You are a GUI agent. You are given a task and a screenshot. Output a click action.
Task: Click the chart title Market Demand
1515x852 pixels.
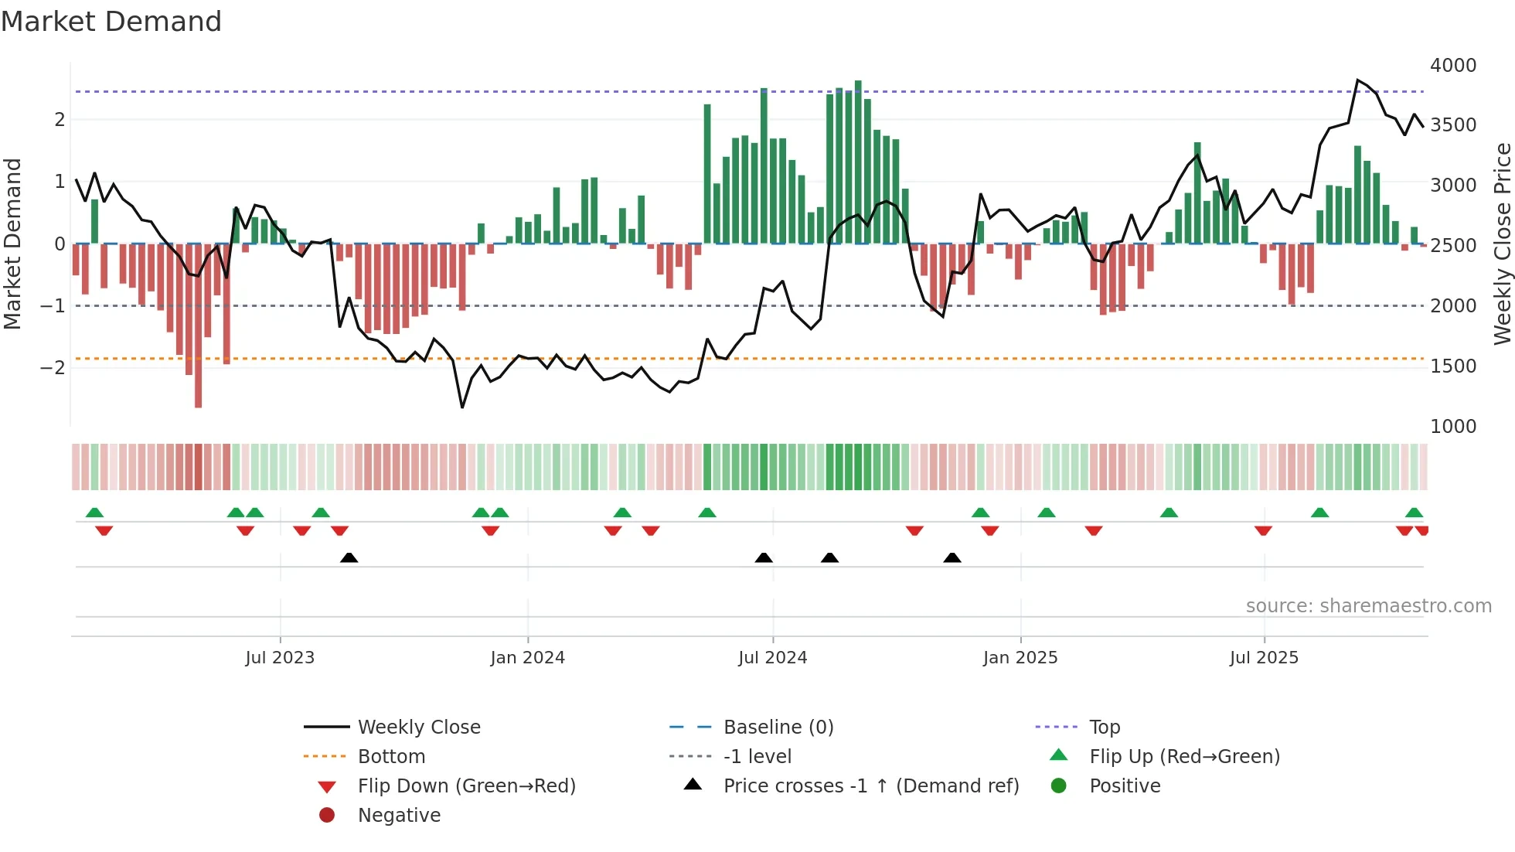coord(111,22)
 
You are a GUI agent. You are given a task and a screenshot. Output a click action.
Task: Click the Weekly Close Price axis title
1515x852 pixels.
coord(1502,244)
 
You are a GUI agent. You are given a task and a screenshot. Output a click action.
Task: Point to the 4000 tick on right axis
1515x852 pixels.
coord(1452,66)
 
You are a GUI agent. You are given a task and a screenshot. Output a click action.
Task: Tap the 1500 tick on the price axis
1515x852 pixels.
coord(1452,366)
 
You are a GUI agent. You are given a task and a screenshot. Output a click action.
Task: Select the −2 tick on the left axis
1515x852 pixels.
coord(53,367)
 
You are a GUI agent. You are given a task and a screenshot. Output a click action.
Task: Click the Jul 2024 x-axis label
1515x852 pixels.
coord(772,658)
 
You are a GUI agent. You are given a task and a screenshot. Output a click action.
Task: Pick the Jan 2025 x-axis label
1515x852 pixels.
coord(1020,658)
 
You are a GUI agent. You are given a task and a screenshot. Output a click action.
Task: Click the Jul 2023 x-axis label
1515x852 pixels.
coord(280,658)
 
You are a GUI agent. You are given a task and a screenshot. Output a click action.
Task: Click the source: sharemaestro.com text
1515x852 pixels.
coord(1368,606)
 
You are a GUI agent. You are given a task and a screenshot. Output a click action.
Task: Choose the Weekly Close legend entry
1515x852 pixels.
coord(418,728)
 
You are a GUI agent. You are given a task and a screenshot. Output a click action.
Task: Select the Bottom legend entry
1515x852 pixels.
coord(391,757)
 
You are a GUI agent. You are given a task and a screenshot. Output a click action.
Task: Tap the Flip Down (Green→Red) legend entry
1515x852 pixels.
coord(466,786)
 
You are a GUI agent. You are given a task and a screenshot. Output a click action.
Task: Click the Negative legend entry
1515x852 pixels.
coord(399,816)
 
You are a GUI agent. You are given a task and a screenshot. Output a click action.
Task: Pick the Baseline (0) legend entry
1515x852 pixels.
coord(778,728)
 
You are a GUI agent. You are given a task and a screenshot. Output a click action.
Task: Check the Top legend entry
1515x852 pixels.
coord(1104,728)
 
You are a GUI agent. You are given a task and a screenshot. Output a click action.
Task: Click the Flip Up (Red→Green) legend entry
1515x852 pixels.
coord(1184,757)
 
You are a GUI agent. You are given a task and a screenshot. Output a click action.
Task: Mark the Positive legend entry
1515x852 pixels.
coord(1125,786)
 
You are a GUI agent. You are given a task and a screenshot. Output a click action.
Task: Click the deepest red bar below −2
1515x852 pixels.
coord(199,387)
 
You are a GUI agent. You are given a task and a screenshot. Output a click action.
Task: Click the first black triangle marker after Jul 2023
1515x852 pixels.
coord(349,557)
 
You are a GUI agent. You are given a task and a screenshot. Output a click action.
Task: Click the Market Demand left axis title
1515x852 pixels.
coord(12,244)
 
